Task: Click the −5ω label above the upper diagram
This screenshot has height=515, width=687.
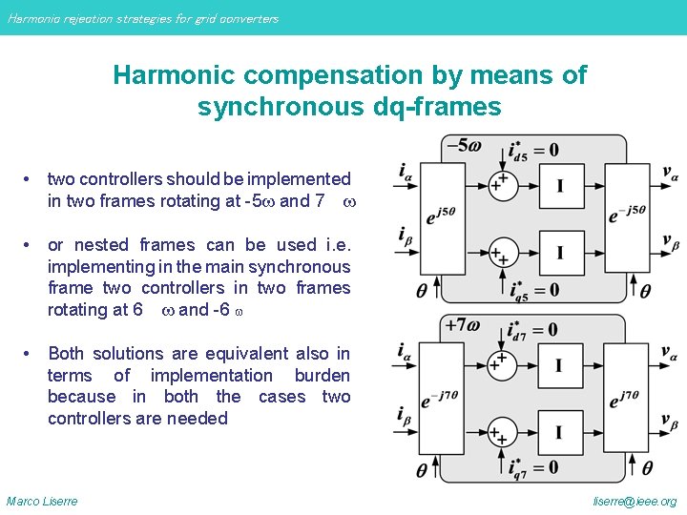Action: [x=462, y=146]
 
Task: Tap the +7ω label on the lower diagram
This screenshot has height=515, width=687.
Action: [x=463, y=325]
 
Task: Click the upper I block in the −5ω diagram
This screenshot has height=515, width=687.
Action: [x=558, y=185]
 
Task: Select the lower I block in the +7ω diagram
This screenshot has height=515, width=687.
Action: [x=558, y=433]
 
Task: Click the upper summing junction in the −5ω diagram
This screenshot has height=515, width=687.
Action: [x=498, y=184]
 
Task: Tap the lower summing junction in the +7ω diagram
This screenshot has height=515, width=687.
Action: [x=498, y=433]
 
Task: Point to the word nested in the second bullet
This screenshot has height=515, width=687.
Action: [x=113, y=245]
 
